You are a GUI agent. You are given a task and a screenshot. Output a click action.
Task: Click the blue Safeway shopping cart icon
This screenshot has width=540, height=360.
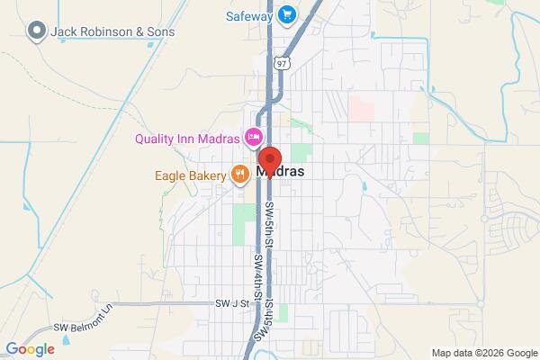pyautogui.click(x=287, y=13)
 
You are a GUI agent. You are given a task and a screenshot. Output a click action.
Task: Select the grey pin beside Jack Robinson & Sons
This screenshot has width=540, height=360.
pyautogui.click(x=37, y=32)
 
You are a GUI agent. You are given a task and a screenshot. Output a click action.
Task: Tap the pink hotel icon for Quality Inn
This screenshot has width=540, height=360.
pyautogui.click(x=255, y=138)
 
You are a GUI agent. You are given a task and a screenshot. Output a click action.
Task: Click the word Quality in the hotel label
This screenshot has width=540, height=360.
pyautogui.click(x=157, y=139)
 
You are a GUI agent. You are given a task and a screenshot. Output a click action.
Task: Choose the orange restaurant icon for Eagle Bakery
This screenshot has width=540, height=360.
pyautogui.click(x=239, y=174)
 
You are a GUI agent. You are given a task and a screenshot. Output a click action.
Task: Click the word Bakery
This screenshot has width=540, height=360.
pyautogui.click(x=205, y=174)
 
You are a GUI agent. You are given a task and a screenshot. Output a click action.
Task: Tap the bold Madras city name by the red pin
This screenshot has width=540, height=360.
pyautogui.click(x=281, y=171)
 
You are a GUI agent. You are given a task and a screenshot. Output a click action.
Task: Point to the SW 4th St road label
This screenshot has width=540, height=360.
pyautogui.click(x=257, y=275)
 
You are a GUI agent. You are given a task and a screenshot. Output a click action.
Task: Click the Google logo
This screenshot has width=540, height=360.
pyautogui.click(x=31, y=348)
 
